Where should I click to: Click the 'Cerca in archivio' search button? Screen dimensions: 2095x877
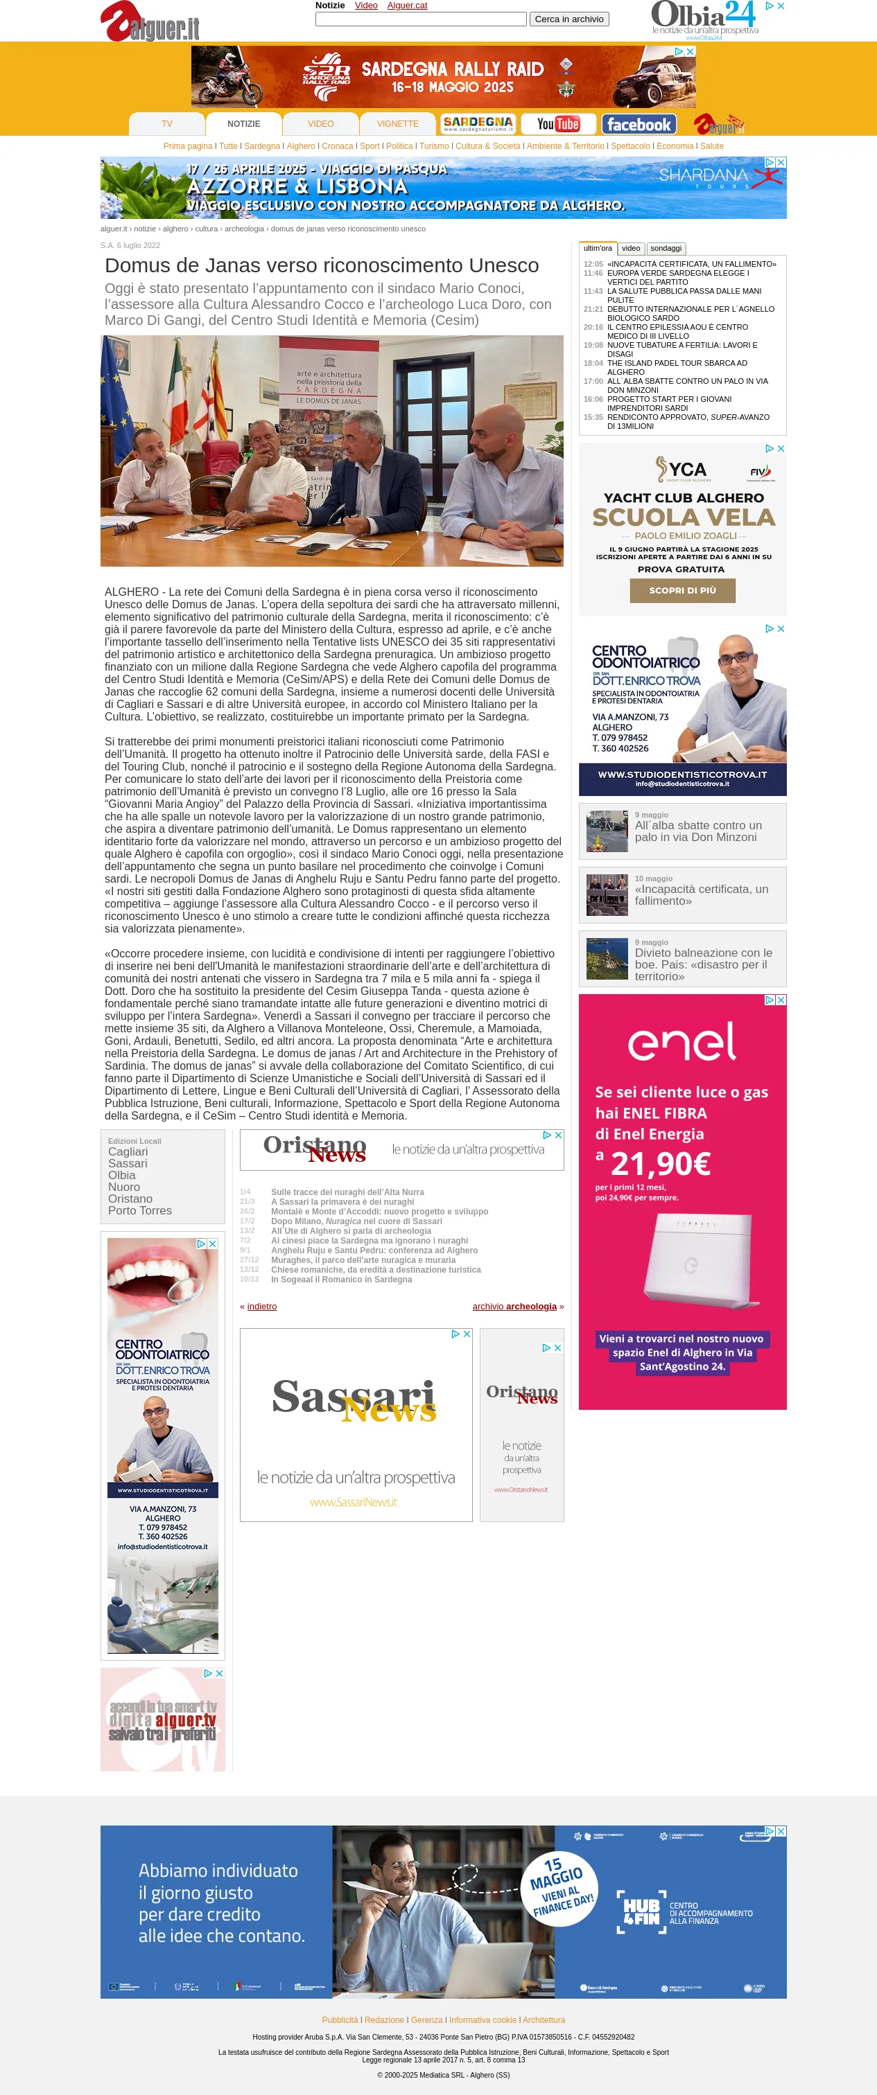(568, 19)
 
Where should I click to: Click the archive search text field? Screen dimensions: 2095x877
(421, 19)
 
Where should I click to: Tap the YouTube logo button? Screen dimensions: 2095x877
(558, 123)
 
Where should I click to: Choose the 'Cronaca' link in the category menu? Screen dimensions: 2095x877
(337, 146)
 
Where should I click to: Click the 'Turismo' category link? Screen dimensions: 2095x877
(433, 146)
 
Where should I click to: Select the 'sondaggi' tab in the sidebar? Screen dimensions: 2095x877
(666, 248)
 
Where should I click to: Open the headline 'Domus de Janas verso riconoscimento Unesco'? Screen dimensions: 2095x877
(322, 265)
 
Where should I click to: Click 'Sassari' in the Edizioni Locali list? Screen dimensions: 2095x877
(128, 1163)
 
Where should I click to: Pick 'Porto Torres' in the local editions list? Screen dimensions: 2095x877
(140, 1210)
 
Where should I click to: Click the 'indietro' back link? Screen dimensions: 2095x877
(261, 1306)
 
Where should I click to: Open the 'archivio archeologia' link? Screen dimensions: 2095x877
(514, 1306)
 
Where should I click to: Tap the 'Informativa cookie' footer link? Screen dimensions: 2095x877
(483, 2019)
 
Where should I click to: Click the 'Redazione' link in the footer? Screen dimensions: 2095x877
(384, 2019)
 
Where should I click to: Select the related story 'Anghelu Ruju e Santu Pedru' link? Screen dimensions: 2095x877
(374, 1250)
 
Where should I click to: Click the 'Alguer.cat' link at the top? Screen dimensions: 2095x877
(407, 6)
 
